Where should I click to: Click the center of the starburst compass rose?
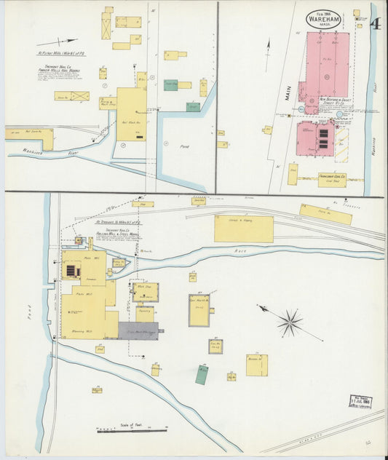tap(290, 320)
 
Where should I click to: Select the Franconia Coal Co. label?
tap(331, 176)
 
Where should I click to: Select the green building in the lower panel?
tap(201, 374)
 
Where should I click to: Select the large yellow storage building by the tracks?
tap(244, 229)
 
